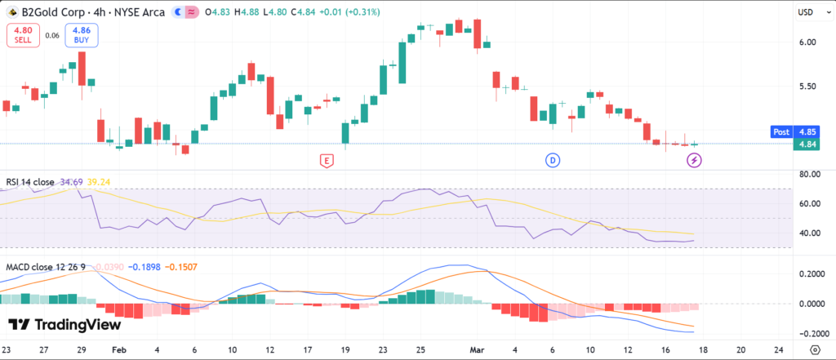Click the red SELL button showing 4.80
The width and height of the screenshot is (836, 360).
click(x=22, y=35)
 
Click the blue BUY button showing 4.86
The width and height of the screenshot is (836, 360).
click(x=82, y=35)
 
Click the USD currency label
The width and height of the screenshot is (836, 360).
click(x=806, y=13)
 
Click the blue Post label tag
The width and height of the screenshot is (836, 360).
click(x=781, y=131)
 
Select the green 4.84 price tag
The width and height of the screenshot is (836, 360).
click(x=807, y=144)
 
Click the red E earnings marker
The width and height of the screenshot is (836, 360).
click(x=327, y=160)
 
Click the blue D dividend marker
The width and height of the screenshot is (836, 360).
click(x=553, y=160)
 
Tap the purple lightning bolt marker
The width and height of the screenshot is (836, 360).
click(x=695, y=160)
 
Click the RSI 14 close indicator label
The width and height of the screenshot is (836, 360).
click(x=31, y=182)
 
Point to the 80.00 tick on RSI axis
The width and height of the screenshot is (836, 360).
click(x=809, y=174)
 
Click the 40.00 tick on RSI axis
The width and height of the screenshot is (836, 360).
click(x=809, y=233)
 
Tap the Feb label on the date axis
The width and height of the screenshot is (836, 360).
click(x=118, y=349)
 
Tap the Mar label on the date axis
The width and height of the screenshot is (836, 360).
click(x=480, y=349)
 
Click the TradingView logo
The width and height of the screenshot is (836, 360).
click(x=64, y=324)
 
